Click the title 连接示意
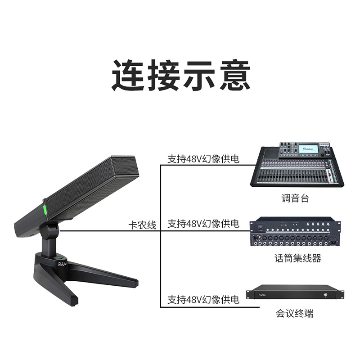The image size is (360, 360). (x=180, y=75)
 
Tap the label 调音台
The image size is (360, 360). (x=295, y=198)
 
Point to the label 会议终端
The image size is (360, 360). (x=295, y=314)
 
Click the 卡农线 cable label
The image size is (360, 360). (x=142, y=225)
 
